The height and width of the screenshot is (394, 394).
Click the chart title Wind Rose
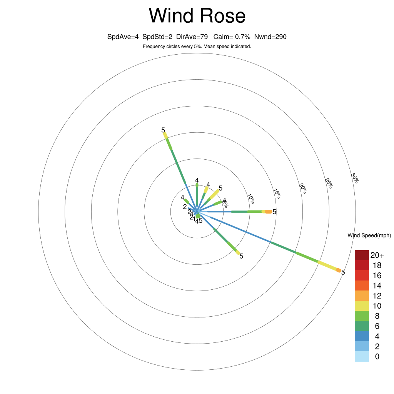tap(197, 16)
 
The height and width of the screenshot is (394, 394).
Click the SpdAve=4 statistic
tap(123, 37)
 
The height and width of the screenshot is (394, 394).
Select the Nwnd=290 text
tap(270, 37)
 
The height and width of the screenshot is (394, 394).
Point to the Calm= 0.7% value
tap(232, 37)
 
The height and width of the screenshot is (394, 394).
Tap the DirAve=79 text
tap(192, 37)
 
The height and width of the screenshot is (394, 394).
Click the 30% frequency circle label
tap(355, 177)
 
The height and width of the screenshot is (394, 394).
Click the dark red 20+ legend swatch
tap(362, 255)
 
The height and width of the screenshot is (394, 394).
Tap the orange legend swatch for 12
tap(362, 295)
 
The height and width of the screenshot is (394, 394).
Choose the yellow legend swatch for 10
tap(362, 306)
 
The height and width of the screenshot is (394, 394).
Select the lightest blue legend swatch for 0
tap(362, 357)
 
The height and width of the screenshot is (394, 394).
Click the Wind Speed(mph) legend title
tap(369, 235)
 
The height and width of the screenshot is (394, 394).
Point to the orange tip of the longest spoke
tap(339, 270)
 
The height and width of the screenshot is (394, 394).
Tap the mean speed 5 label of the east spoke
tap(274, 212)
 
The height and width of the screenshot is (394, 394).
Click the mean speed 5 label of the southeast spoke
tap(241, 256)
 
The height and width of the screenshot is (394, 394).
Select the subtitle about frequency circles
tap(197, 47)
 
